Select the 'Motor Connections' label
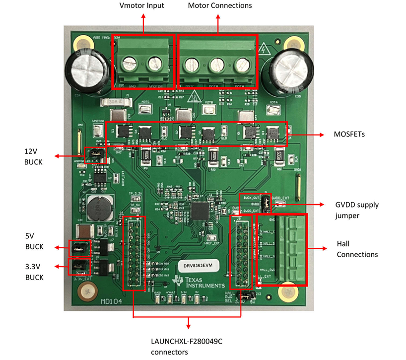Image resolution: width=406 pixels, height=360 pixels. click(x=219, y=5)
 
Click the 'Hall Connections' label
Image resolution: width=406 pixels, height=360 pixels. click(x=357, y=249)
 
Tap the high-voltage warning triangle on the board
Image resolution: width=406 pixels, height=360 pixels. click(x=264, y=50)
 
